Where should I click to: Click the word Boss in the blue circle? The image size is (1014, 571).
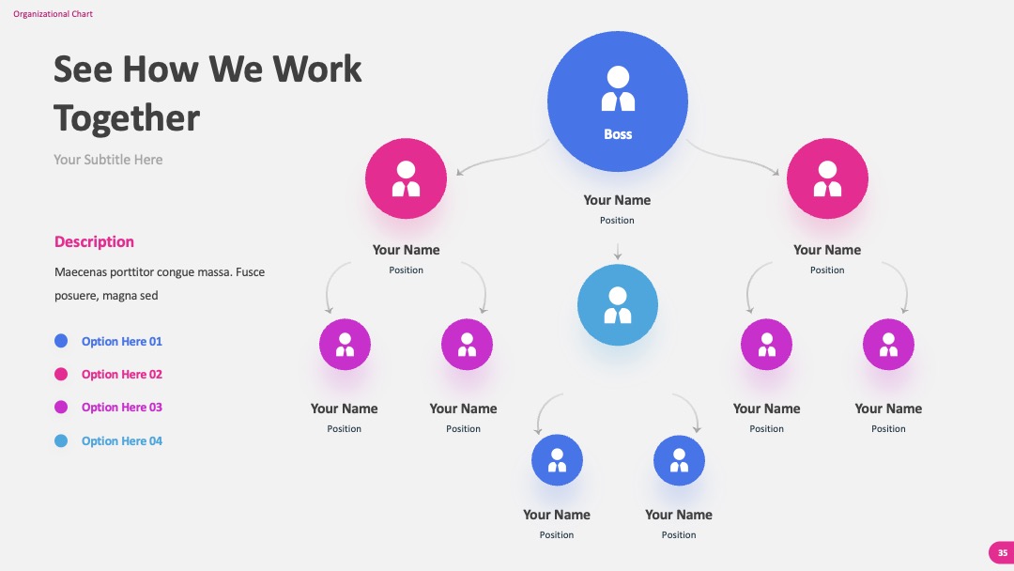tap(618, 134)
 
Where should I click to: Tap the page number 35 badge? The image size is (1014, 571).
tap(1002, 553)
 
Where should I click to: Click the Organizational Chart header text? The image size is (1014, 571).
tap(53, 13)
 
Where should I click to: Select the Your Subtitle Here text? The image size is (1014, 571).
tap(108, 160)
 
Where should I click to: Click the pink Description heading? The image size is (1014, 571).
tap(94, 242)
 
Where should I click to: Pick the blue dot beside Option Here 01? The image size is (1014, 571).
tap(61, 341)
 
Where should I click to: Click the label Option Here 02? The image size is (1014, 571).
tap(121, 375)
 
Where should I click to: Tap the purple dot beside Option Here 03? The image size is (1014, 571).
tap(61, 407)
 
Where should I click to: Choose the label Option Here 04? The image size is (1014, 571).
tap(121, 441)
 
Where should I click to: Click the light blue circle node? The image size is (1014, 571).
tap(618, 304)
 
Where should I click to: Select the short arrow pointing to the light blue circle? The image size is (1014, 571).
tap(618, 252)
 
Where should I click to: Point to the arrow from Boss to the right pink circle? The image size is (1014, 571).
tap(732, 157)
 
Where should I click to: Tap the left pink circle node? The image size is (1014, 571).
tap(406, 178)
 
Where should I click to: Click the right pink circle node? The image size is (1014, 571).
tap(827, 178)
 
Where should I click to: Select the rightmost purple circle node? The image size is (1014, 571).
tap(888, 344)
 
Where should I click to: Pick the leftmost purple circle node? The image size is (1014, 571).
tap(345, 344)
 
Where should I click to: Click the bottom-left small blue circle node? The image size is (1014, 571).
tap(557, 460)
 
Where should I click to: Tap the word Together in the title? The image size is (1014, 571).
tap(127, 119)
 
